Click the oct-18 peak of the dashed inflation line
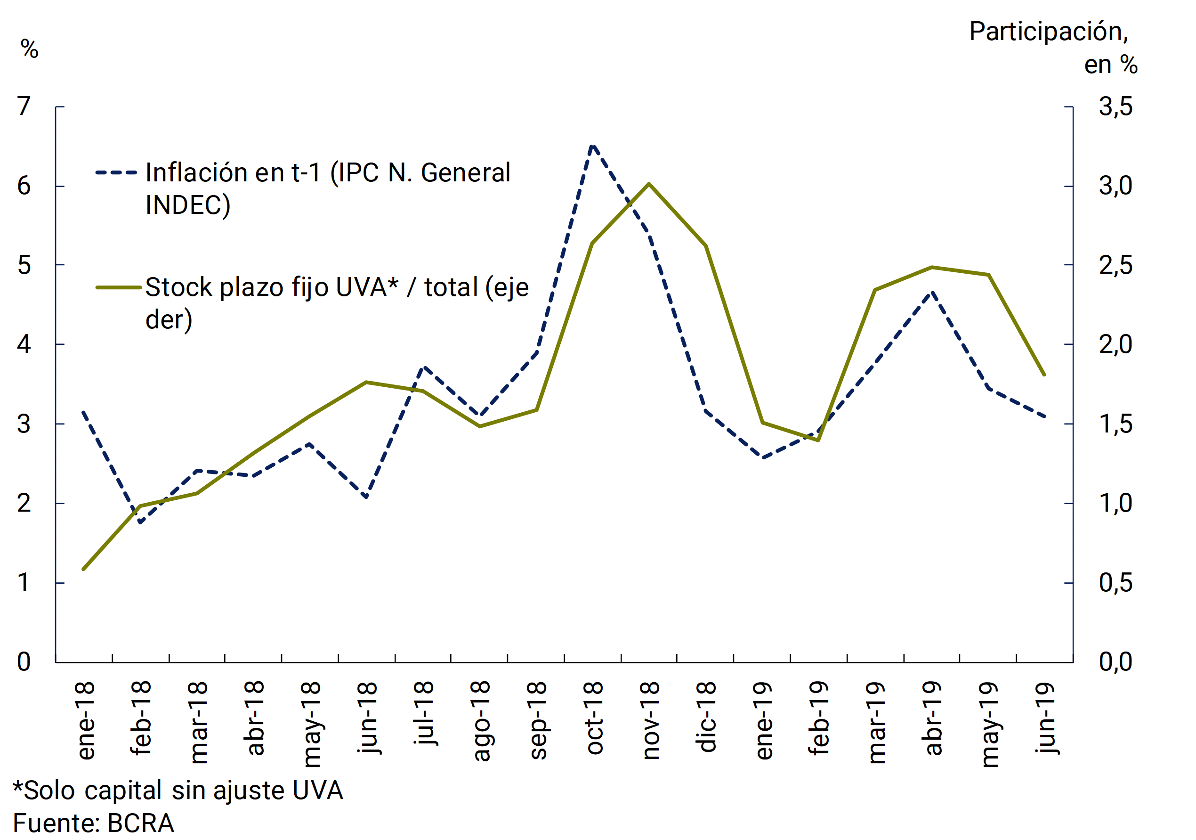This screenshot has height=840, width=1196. tap(592, 147)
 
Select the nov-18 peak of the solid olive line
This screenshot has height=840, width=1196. tap(649, 183)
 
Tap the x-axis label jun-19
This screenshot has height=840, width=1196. tap(1045, 718)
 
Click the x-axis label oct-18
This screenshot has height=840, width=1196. tap(594, 718)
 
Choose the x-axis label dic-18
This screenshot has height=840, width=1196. tap(707, 717)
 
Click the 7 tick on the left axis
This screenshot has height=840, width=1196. tap(24, 107)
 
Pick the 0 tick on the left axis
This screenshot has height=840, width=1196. tap(24, 662)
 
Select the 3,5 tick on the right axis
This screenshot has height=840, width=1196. tap(1116, 107)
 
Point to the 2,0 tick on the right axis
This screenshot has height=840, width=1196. tap(1116, 344)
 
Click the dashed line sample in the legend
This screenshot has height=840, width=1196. tap(116, 172)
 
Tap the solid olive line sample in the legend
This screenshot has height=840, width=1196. tap(118, 287)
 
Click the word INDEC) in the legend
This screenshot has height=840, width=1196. tap(187, 205)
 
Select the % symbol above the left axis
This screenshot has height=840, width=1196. tap(30, 49)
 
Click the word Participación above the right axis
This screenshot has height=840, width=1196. tap(1048, 32)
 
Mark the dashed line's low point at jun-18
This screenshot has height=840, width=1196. tap(367, 497)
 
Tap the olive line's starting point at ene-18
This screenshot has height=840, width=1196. tap(83, 569)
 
